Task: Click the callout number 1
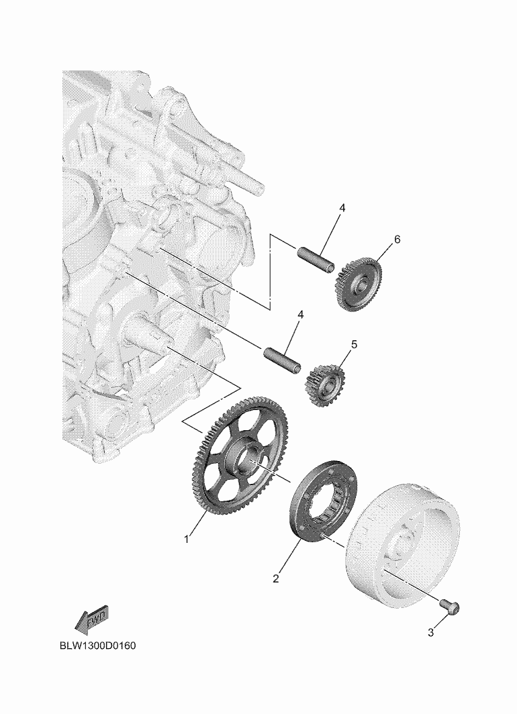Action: pos(186,539)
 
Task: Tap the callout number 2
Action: pos(275,579)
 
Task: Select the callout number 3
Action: pos(431,633)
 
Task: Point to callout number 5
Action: pos(354,345)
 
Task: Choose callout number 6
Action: pos(397,240)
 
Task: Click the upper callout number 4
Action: pos(342,208)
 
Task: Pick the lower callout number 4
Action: pos(301,315)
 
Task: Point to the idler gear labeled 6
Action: pos(359,285)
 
